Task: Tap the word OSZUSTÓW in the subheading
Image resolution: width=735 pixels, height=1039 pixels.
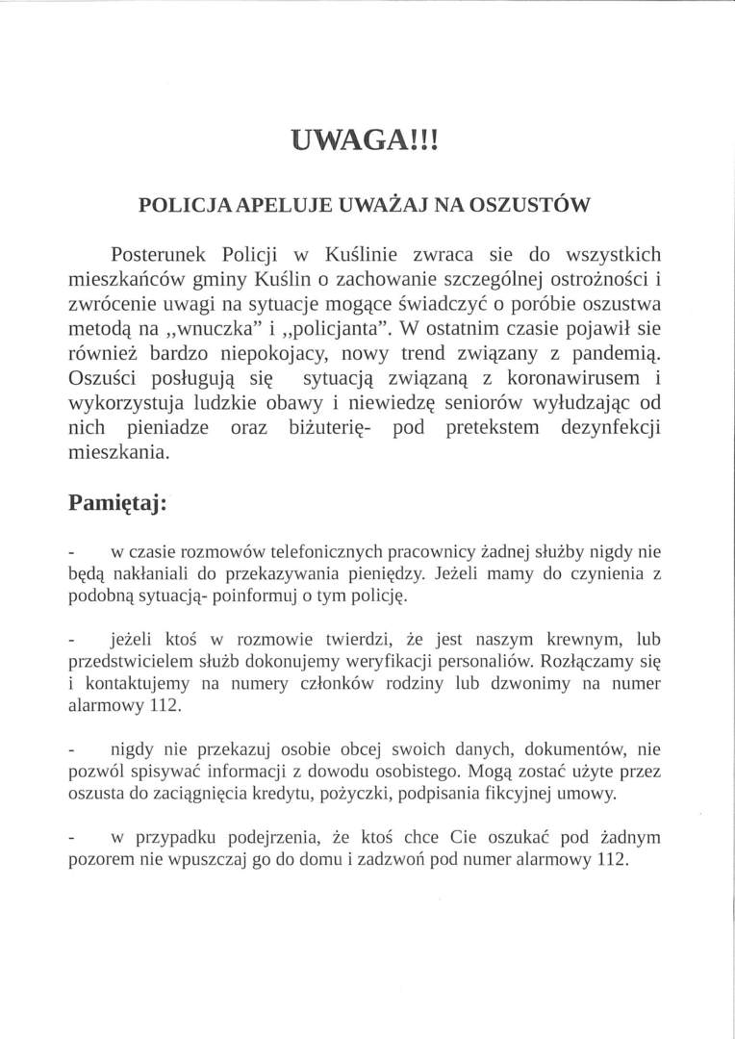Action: (x=538, y=205)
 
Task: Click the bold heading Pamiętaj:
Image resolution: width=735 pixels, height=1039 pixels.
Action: (x=117, y=502)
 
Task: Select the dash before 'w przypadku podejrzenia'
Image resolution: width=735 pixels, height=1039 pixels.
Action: (x=71, y=838)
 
